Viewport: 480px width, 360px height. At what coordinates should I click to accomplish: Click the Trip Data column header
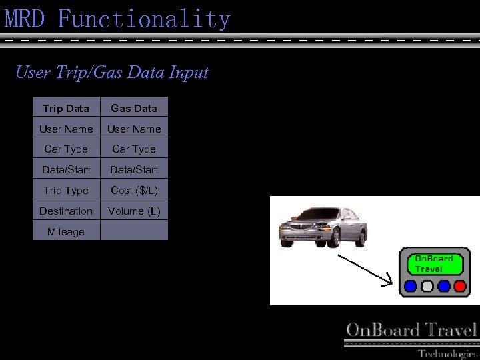[66, 108]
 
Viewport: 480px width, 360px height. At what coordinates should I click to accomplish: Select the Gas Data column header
[134, 108]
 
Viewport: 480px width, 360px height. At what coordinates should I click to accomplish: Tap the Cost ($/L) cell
[134, 190]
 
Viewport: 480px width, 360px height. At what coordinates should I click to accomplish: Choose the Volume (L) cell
[134, 211]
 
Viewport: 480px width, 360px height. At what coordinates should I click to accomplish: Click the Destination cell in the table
[66, 211]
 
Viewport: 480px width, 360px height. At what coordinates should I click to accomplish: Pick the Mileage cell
[66, 231]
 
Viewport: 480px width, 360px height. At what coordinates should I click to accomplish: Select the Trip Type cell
[66, 190]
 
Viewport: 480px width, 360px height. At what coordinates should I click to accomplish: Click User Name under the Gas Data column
[134, 129]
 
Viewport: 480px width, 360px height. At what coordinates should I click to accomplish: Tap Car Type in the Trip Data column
[66, 149]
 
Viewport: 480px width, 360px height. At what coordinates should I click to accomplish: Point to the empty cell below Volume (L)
[134, 231]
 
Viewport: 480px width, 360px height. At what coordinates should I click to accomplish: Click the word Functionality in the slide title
[144, 19]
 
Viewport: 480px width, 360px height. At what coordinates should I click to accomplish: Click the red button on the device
[460, 286]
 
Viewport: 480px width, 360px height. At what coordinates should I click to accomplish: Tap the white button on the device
[427, 286]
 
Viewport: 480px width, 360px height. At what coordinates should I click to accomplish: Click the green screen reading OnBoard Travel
[435, 264]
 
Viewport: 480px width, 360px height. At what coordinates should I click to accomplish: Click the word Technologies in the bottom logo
[448, 353]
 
